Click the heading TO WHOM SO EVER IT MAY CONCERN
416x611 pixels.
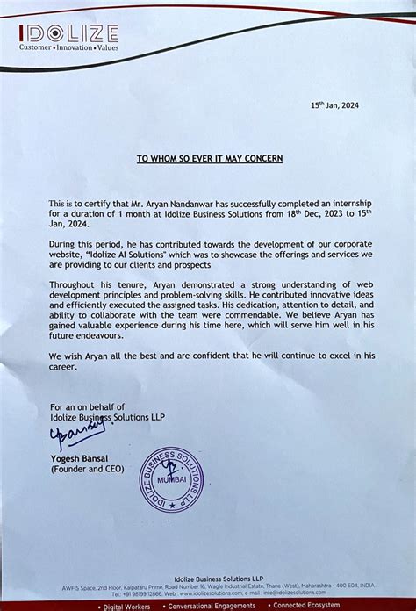[x=209, y=159]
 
